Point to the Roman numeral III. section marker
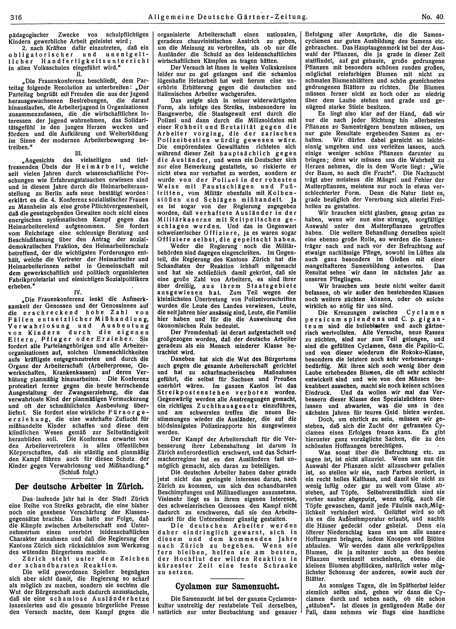point(78,153)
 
